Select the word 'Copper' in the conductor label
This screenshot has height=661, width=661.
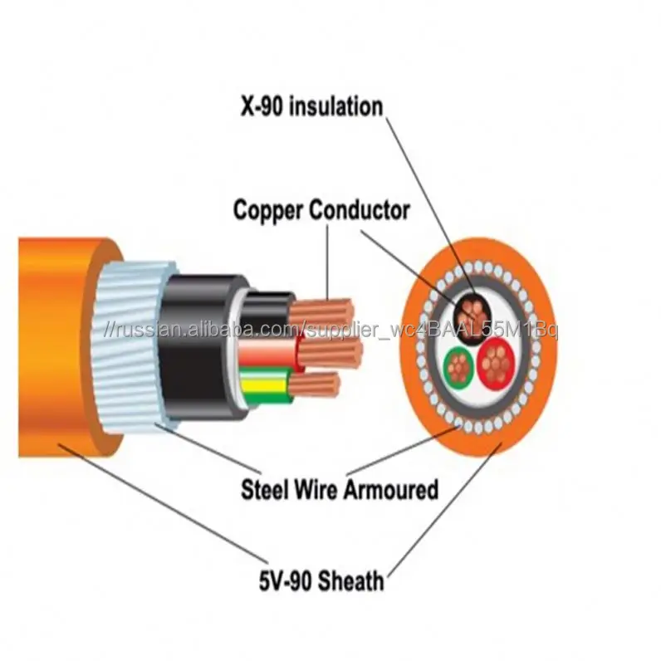268,210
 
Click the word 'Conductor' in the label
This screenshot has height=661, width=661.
359,210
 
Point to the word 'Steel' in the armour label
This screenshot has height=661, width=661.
265,490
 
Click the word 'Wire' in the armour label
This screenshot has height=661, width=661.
316,490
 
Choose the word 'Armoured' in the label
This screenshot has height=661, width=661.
389,490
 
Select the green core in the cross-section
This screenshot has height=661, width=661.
458,365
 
